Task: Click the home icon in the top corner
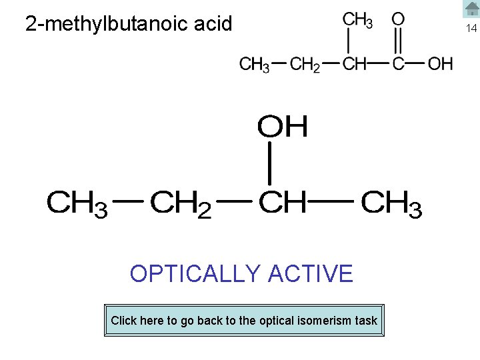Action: [471, 9]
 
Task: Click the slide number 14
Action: [471, 29]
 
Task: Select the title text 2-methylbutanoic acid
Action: [129, 24]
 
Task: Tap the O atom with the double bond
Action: [398, 19]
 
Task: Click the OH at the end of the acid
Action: [440, 64]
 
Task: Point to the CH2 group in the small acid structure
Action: [306, 65]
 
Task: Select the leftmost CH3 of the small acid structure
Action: [254, 65]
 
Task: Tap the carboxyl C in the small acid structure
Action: [398, 64]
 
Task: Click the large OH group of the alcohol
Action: [283, 127]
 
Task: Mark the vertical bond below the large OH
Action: [269, 163]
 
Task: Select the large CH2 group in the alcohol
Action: [180, 203]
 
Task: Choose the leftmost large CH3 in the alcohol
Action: [77, 203]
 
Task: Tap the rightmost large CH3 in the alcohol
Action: [391, 203]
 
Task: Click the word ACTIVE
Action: [310, 274]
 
